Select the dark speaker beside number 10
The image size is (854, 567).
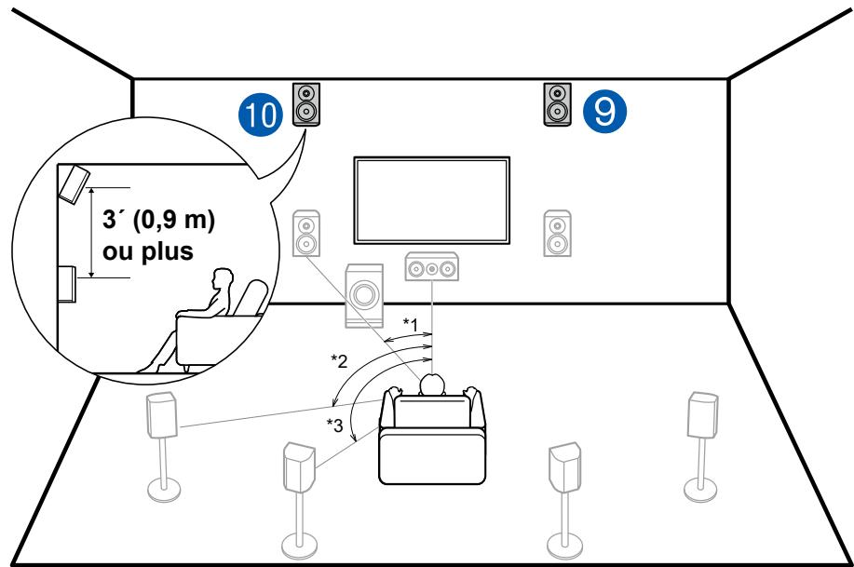(306, 102)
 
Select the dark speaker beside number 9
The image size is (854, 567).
(557, 102)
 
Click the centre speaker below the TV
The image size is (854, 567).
(433, 268)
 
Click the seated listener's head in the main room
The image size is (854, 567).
(432, 385)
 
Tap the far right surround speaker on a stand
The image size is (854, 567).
(700, 414)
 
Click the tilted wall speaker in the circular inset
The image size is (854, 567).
(75, 182)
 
